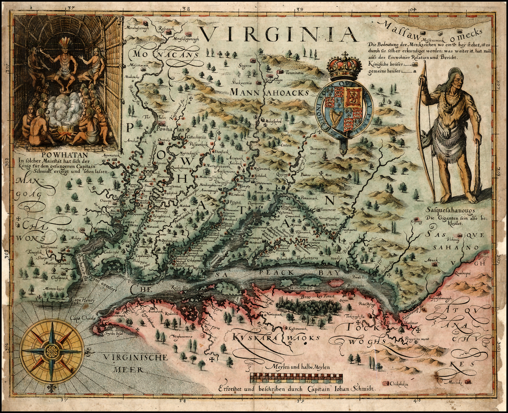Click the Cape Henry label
coord(81,299)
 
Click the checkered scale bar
coord(297,377)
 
